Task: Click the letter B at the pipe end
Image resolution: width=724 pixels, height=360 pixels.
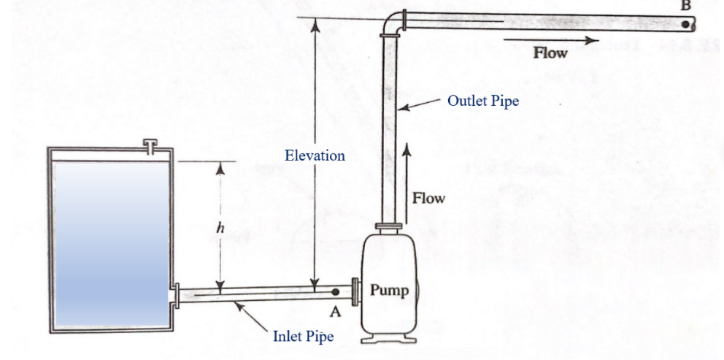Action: coord(685,4)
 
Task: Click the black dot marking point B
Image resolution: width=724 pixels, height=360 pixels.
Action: coord(685,23)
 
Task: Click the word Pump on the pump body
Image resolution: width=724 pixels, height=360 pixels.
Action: coord(390,290)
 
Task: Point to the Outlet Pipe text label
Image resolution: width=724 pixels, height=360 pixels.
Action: coord(482,102)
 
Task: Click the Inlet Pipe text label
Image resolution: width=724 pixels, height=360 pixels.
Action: coord(303,337)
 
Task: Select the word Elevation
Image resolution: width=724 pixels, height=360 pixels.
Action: coord(315,156)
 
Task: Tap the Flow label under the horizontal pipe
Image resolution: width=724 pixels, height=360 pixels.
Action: coord(550,53)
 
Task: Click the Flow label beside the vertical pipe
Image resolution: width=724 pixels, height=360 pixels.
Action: coord(428,198)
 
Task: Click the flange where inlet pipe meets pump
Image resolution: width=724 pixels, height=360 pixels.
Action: coord(354,291)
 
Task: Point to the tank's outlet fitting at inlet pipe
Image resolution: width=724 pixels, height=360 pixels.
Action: coord(176,296)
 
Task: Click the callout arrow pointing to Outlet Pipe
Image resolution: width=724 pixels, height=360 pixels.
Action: coord(420,107)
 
